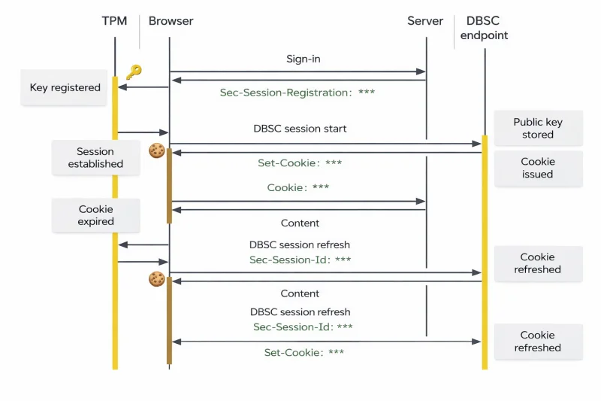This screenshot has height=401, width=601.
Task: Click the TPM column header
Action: (114, 21)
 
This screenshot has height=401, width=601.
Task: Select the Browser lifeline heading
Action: (171, 21)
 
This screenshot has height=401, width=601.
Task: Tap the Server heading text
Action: (425, 21)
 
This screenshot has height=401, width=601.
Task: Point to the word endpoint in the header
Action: (484, 35)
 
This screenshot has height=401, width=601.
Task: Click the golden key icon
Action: (134, 71)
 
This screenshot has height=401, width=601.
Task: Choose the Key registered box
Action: (64, 87)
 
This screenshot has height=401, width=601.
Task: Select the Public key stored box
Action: (538, 128)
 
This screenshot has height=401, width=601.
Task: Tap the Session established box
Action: (96, 158)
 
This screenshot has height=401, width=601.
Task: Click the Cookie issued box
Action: (538, 168)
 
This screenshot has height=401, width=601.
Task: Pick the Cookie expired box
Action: (96, 215)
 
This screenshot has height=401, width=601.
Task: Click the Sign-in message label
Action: (304, 59)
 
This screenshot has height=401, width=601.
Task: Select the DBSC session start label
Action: (300, 129)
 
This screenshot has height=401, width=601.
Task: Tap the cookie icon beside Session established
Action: (157, 150)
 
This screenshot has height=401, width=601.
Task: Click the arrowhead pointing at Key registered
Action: (122, 87)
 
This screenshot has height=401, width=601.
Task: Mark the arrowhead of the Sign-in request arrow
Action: (421, 71)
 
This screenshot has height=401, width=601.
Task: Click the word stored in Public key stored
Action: (538, 135)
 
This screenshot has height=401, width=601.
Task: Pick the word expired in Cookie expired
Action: (96, 222)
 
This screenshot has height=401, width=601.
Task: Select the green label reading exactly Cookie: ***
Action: (297, 187)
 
